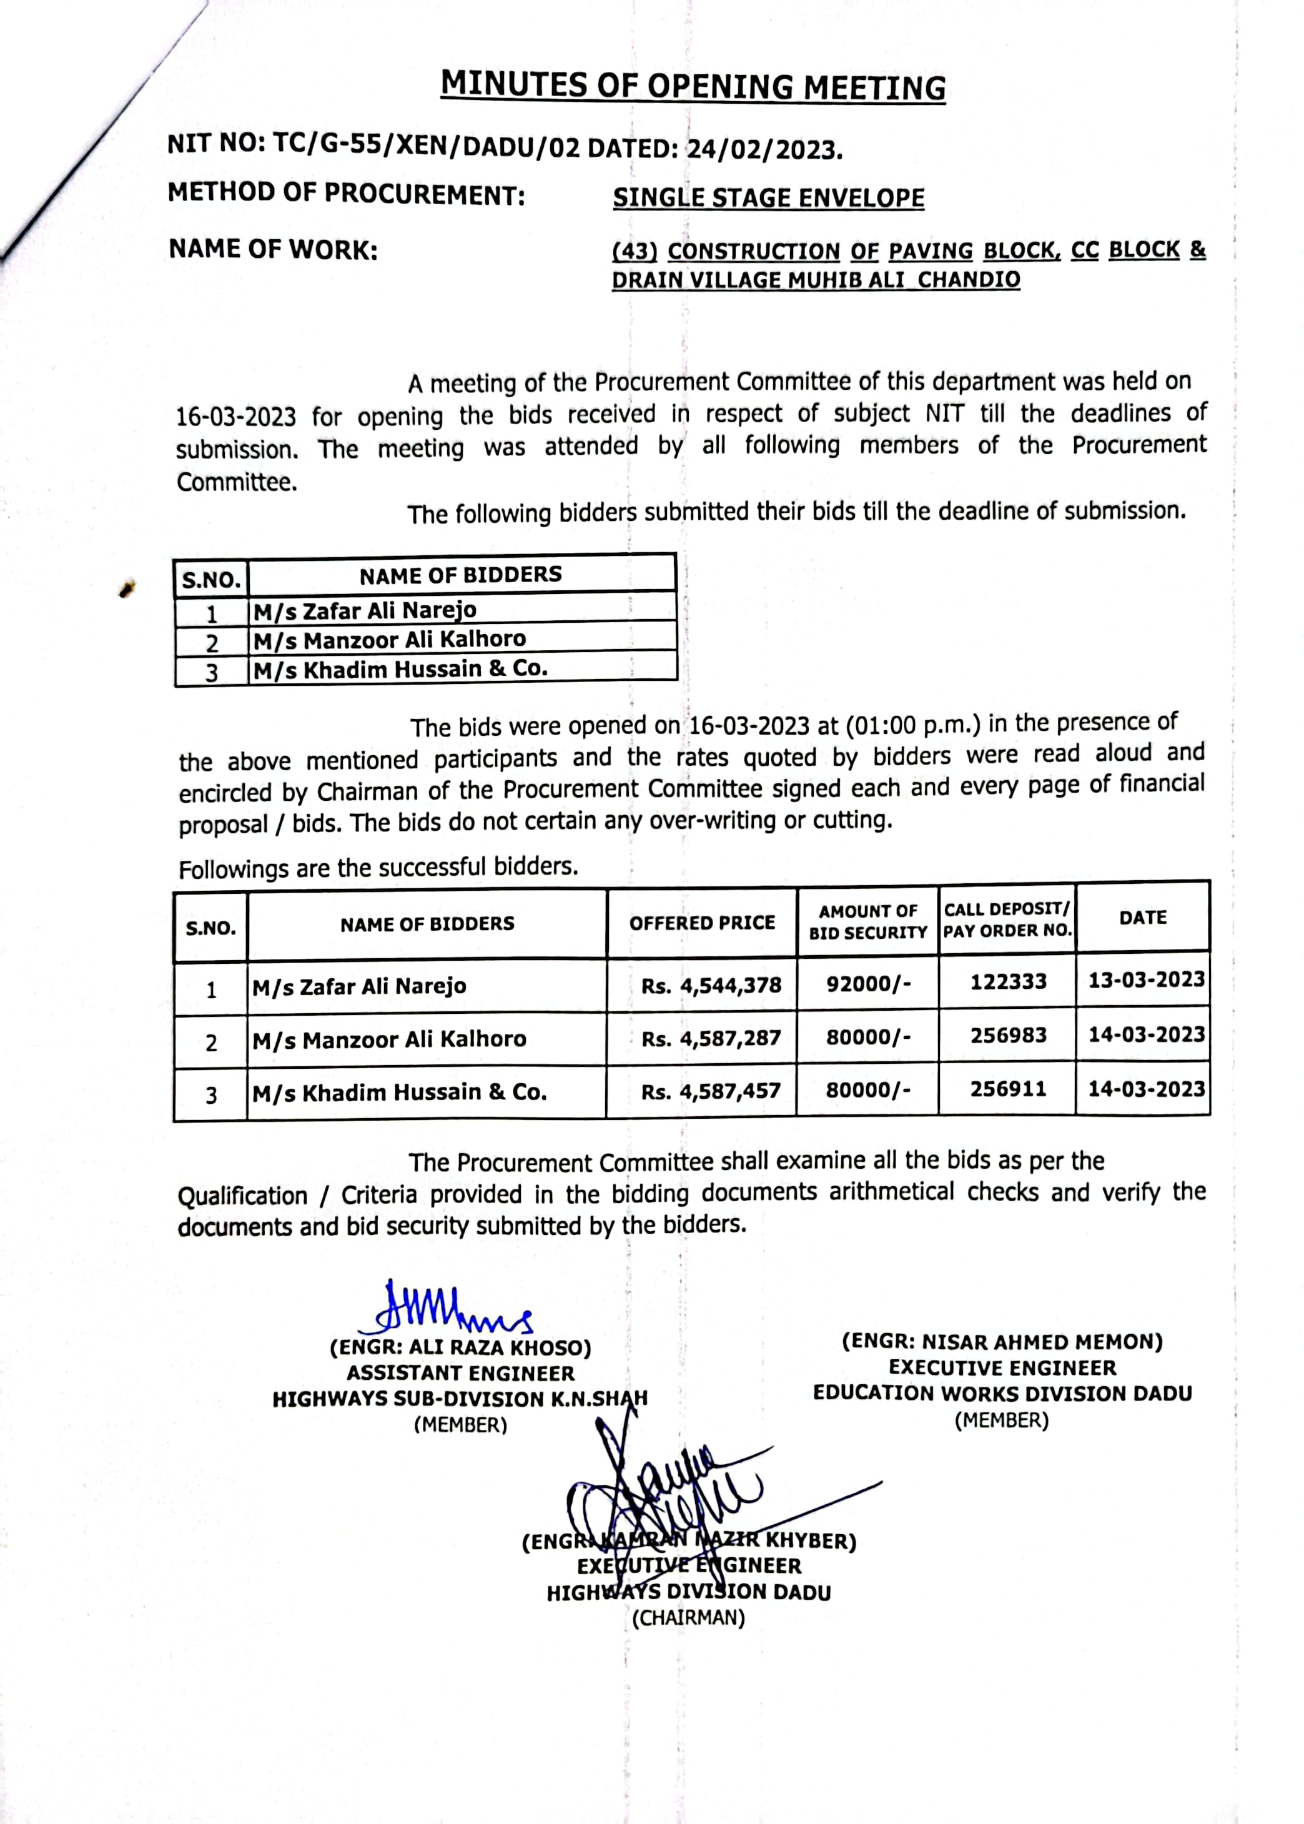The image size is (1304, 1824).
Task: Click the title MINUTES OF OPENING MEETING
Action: (x=693, y=86)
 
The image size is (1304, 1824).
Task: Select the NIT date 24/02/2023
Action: (x=764, y=149)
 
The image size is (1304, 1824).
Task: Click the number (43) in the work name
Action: (x=635, y=251)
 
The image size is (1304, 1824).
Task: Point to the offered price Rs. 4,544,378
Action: (x=711, y=986)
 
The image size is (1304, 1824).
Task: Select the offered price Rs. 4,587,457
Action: (x=711, y=1091)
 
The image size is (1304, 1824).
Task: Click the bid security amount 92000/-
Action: (x=868, y=983)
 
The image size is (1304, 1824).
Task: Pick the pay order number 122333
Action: (x=1008, y=981)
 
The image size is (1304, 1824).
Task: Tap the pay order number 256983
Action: (x=1008, y=1035)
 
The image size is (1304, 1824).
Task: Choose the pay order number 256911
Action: (x=1008, y=1089)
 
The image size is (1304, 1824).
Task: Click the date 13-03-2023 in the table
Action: (x=1146, y=980)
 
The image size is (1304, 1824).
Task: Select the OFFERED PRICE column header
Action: (x=702, y=923)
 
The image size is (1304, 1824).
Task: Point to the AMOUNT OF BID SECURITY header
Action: (x=868, y=922)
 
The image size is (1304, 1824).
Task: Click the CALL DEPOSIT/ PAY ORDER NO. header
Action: (x=1007, y=919)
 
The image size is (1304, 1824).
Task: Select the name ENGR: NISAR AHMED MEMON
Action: (x=1002, y=1342)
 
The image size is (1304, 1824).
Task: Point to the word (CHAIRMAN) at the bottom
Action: (x=688, y=1618)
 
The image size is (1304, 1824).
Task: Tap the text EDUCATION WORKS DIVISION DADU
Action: (x=1002, y=1394)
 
